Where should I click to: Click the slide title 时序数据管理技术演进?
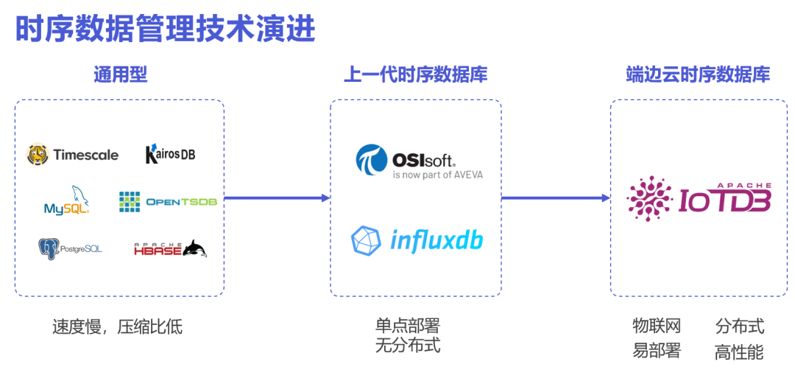[x=166, y=29]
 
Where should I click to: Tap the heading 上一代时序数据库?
[x=415, y=74]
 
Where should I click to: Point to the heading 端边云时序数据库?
[x=698, y=74]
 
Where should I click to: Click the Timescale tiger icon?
[x=38, y=155]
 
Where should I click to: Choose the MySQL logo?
[x=67, y=201]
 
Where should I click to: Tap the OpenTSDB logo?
[x=169, y=201]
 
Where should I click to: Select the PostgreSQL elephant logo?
[x=49, y=249]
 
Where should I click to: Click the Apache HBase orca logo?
[x=170, y=249]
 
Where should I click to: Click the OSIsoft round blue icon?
[x=370, y=161]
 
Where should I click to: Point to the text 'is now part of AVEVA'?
[x=438, y=175]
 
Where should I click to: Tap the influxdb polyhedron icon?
[x=366, y=240]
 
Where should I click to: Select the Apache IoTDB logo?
[x=699, y=198]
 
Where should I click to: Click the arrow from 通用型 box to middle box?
[x=277, y=198]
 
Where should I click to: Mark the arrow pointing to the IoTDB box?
[x=556, y=198]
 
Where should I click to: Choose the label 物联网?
[x=657, y=326]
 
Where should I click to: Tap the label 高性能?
[x=739, y=352]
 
